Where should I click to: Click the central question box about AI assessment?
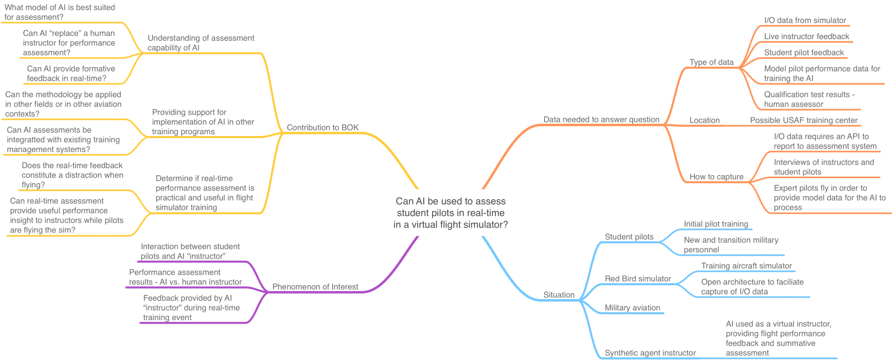[451, 213]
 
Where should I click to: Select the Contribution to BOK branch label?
[323, 127]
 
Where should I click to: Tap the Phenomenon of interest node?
[315, 287]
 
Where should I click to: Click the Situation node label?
[559, 295]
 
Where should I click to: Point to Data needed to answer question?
[601, 119]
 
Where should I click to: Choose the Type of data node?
[711, 62]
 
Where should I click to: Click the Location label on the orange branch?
[704, 120]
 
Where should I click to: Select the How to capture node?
[716, 177]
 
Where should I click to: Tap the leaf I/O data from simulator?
[805, 20]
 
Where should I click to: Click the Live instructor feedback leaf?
[807, 37]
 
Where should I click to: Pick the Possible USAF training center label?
[804, 120]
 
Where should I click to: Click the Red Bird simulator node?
[637, 278]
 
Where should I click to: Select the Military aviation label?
[632, 308]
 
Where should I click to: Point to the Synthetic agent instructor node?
[650, 353]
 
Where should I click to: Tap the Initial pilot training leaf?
[716, 224]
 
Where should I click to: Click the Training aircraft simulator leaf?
[746, 266]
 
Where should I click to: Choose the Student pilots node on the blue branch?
[629, 237]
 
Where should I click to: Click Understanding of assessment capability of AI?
[201, 43]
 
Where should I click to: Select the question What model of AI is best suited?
[59, 12]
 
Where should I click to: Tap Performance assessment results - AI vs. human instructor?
[185, 277]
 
